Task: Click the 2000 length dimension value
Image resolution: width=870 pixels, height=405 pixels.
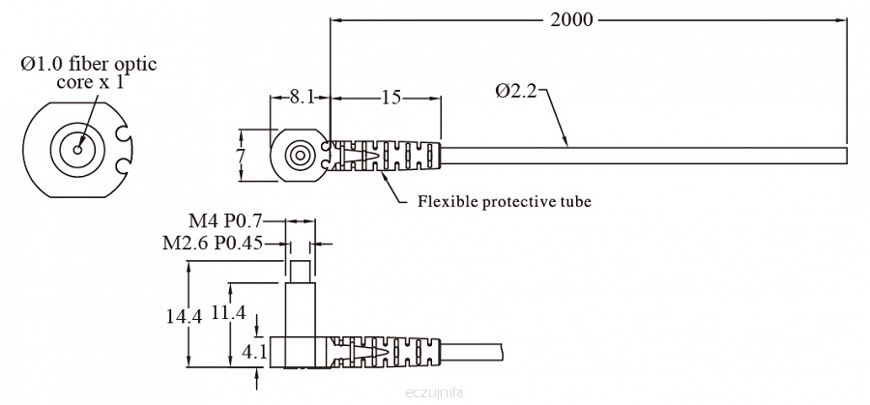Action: [x=571, y=20]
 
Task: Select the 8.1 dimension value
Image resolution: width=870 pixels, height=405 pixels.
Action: [x=302, y=97]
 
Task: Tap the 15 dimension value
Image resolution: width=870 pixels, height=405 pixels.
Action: [x=391, y=97]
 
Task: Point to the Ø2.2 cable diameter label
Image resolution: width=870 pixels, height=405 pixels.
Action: [x=516, y=91]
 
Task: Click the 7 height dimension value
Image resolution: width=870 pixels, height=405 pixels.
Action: [x=241, y=156]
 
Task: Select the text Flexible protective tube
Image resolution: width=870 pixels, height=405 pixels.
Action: [x=505, y=201]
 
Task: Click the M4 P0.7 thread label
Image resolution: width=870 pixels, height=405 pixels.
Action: [x=224, y=220]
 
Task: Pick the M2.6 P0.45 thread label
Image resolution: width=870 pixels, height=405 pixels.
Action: [x=212, y=243]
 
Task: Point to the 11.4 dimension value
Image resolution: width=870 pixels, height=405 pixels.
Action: [x=228, y=312]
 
